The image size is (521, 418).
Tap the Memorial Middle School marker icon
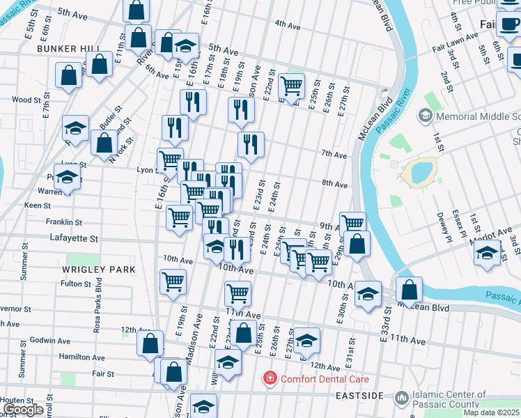coord(423,114)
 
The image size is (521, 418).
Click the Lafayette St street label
coord(75,238)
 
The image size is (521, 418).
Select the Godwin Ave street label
coord(50,341)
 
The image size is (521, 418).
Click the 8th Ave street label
coord(334,185)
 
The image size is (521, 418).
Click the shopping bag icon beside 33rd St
coord(410,288)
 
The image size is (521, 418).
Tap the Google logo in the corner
coord(23,410)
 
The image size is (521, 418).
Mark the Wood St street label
coord(26,100)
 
